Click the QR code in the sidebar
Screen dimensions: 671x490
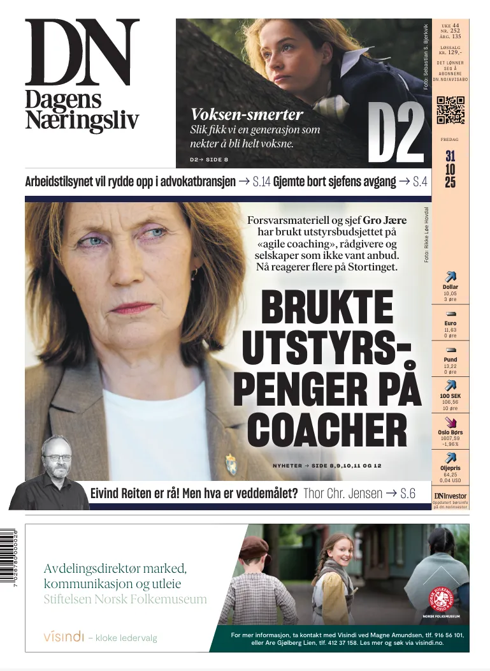click(x=450, y=110)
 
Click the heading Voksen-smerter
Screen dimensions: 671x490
click(x=247, y=115)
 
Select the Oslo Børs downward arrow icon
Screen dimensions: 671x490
click(x=450, y=422)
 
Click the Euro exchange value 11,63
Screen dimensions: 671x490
click(x=450, y=330)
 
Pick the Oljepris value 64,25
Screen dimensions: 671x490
click(x=450, y=475)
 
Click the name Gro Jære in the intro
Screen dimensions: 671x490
click(x=385, y=220)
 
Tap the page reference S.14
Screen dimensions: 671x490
click(x=261, y=182)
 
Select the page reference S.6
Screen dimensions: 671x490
click(x=408, y=493)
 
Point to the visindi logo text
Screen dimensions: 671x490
click(x=63, y=637)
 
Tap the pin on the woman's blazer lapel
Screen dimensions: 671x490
click(x=230, y=464)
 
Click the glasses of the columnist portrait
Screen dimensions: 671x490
click(x=57, y=457)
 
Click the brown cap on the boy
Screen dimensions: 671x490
click(x=255, y=547)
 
